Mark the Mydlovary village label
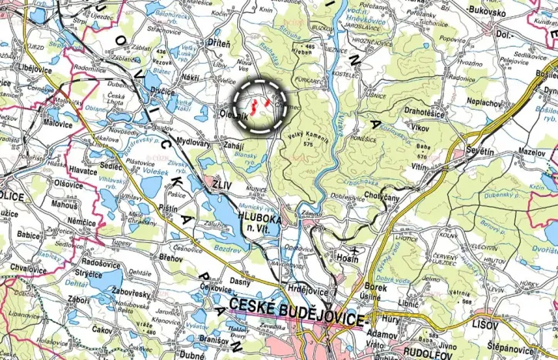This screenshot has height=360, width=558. [x=194, y=142]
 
